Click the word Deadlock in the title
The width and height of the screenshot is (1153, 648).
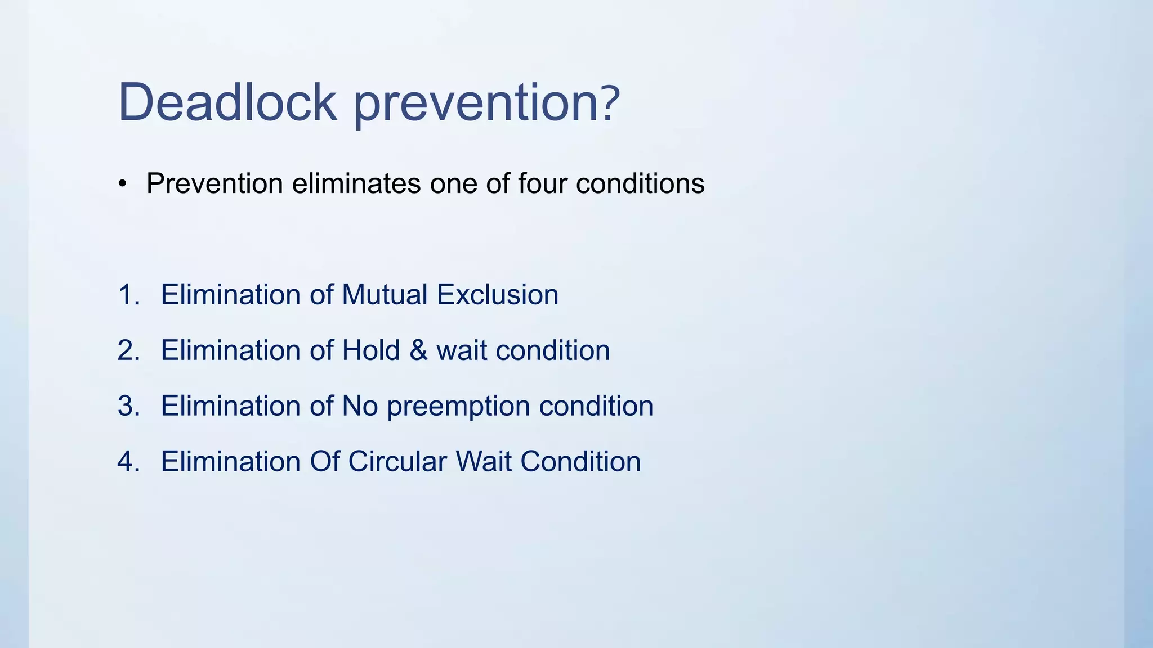tap(227, 102)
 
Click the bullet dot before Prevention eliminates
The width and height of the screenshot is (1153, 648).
tap(123, 184)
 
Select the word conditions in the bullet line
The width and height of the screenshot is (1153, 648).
tap(640, 183)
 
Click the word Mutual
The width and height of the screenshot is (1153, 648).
tap(385, 295)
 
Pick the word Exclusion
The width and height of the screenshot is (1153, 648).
tap(498, 295)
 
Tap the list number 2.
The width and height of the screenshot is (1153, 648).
tap(128, 350)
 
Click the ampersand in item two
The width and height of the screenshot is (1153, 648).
tap(418, 350)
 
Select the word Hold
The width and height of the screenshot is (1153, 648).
tap(370, 350)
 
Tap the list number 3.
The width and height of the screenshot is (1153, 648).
tap(128, 406)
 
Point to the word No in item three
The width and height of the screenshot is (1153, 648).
tap(360, 406)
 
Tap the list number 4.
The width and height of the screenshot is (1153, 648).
tap(128, 462)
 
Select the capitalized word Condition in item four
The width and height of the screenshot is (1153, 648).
tap(580, 462)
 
